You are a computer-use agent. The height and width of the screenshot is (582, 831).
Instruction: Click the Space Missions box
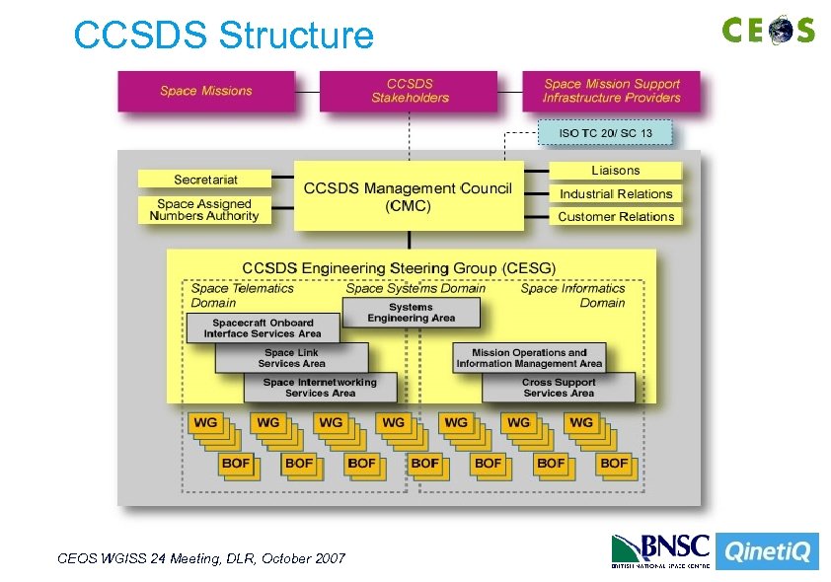pos(206,91)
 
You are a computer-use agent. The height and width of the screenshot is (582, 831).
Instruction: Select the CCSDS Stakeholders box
pos(410,91)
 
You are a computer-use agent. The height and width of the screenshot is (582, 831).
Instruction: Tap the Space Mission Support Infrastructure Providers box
pos(611,91)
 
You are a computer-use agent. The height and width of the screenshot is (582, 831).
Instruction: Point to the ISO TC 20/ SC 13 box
pos(605,132)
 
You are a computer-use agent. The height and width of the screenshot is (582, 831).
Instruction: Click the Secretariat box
pos(205,180)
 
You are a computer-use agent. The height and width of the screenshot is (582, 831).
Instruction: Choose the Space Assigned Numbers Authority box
pos(204,210)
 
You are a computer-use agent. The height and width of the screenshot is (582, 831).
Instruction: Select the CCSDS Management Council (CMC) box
pos(408,195)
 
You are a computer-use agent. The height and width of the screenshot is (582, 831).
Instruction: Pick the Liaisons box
pos(615,171)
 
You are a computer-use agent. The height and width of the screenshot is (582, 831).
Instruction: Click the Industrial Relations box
pos(615,194)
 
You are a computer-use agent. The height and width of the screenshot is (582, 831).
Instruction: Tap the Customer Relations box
pos(615,217)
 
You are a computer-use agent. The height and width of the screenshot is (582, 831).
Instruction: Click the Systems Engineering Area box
pos(411,313)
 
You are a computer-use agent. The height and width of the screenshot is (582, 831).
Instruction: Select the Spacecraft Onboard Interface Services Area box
pos(263,328)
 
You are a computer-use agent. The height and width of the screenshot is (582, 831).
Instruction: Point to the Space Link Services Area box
pos(291,358)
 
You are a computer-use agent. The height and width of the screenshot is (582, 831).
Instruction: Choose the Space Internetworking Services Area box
pos(320,388)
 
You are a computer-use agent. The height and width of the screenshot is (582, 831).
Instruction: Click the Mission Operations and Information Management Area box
pos(529,358)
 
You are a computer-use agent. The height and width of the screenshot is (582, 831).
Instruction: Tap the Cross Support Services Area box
pos(559,388)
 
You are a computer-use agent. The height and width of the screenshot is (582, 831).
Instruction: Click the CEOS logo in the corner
pos(768,30)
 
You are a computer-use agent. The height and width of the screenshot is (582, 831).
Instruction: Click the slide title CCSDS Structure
pos(224,36)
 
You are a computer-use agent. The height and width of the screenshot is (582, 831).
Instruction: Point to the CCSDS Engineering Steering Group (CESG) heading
pos(399,267)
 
